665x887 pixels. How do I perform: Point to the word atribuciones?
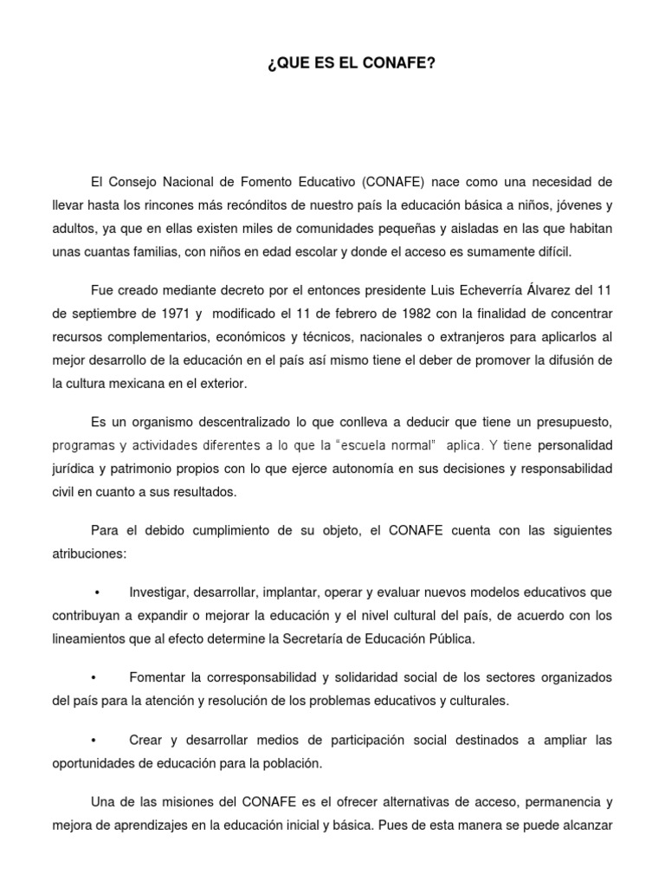pos(89,553)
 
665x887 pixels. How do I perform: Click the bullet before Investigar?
pos(97,592)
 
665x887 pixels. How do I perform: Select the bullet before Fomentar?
pos(92,677)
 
